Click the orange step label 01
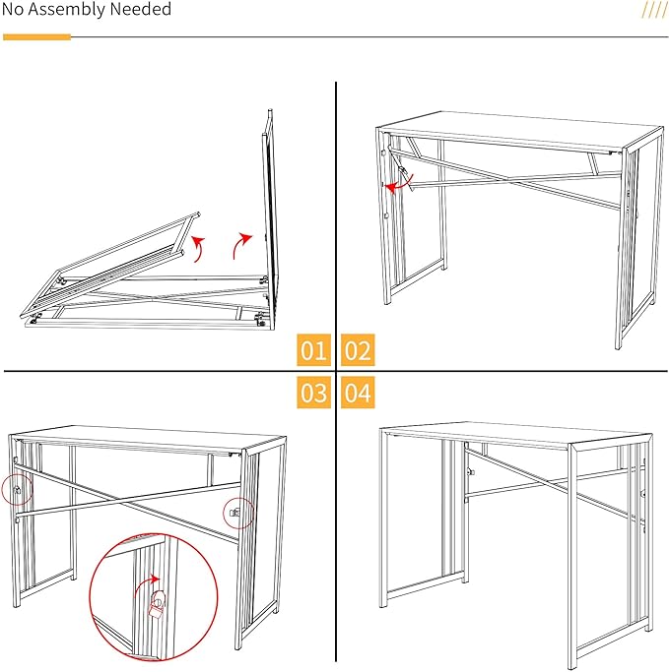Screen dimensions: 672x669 click(x=314, y=350)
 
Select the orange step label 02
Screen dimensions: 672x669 click(x=358, y=350)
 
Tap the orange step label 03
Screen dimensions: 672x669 click(x=314, y=394)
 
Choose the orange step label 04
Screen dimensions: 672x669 click(x=358, y=394)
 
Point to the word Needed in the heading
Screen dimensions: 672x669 click(x=144, y=10)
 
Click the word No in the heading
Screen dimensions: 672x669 click(x=16, y=10)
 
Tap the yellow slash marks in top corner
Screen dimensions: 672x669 click(x=654, y=10)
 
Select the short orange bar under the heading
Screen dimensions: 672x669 click(x=37, y=37)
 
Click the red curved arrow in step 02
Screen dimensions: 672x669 click(x=397, y=183)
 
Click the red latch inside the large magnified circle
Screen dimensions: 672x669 click(x=155, y=603)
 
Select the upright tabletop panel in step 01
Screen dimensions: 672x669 click(x=266, y=207)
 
